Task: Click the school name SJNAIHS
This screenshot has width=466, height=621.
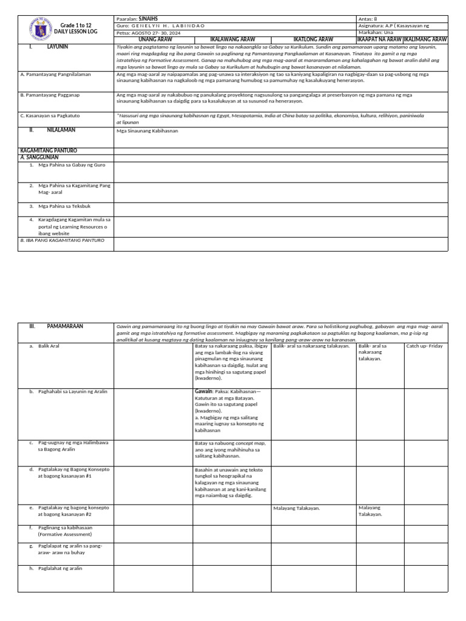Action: click(147, 19)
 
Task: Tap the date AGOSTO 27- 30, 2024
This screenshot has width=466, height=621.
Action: click(154, 33)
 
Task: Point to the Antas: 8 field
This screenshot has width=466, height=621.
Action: click(371, 19)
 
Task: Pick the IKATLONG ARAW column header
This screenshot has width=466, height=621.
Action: click(313, 39)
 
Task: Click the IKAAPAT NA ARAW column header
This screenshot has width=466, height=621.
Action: click(379, 39)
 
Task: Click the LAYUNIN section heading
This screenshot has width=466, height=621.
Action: click(58, 46)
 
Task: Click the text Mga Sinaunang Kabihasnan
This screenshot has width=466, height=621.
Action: click(147, 130)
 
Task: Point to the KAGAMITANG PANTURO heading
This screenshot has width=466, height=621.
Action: click(49, 150)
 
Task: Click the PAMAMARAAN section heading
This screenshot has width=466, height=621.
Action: click(65, 326)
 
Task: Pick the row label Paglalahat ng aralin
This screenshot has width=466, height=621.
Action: click(59, 568)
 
